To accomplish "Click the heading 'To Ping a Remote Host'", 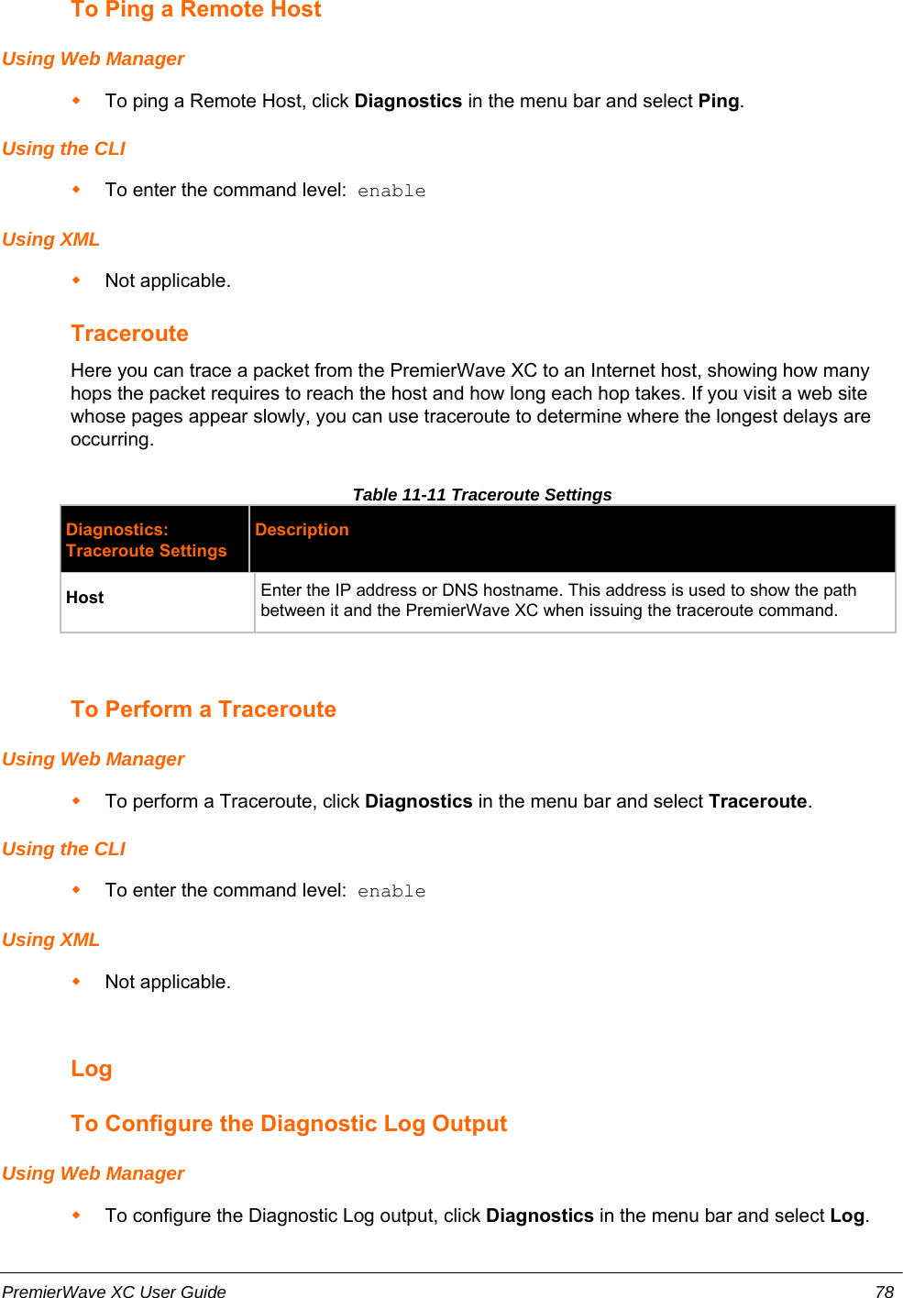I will point(196,10).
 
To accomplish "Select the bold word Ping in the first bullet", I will point(718,101).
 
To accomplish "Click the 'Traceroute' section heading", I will point(129,334).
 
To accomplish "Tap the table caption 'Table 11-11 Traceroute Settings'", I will point(481,495).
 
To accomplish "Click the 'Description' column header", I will point(302,530).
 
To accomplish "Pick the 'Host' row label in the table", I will point(85,598).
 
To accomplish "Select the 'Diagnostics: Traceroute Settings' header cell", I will point(146,540).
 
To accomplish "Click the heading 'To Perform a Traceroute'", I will point(204,709).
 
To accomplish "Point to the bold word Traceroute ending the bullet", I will point(757,801).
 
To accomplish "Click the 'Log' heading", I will point(92,1069).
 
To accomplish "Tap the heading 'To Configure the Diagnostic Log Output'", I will point(289,1124).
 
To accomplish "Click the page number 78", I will point(884,1292).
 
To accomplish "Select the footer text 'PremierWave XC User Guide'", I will point(114,1292).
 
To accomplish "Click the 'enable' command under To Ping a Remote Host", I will point(391,191).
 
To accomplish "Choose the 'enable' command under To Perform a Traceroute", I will point(391,891).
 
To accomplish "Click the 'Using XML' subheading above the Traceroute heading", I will point(50,239).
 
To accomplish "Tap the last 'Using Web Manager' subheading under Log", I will point(93,1173).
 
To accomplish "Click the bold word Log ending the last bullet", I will point(846,1215).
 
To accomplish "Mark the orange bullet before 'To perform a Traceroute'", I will point(77,800).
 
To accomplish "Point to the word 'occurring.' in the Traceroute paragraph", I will point(112,439).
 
